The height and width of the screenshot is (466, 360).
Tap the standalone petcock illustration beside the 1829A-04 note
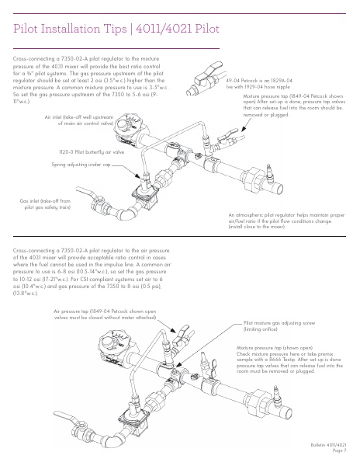[x=205, y=78]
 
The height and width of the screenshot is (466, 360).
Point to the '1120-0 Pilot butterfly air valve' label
[x=92, y=152]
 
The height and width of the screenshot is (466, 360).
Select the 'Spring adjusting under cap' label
[x=81, y=165]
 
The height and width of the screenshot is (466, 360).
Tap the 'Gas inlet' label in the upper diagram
[x=45, y=204]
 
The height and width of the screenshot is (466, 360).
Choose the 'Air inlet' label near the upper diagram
[x=79, y=120]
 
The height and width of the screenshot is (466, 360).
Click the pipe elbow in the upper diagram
[x=127, y=213]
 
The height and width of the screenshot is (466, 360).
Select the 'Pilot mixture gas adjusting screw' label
[x=279, y=326]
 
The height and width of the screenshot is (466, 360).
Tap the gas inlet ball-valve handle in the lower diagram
[x=67, y=417]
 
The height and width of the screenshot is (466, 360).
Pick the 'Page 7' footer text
[x=339, y=450]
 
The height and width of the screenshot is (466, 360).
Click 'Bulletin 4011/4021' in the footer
[x=328, y=445]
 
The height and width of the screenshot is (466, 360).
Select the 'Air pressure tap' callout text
[x=105, y=315]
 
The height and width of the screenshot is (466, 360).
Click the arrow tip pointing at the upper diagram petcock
[x=242, y=131]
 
